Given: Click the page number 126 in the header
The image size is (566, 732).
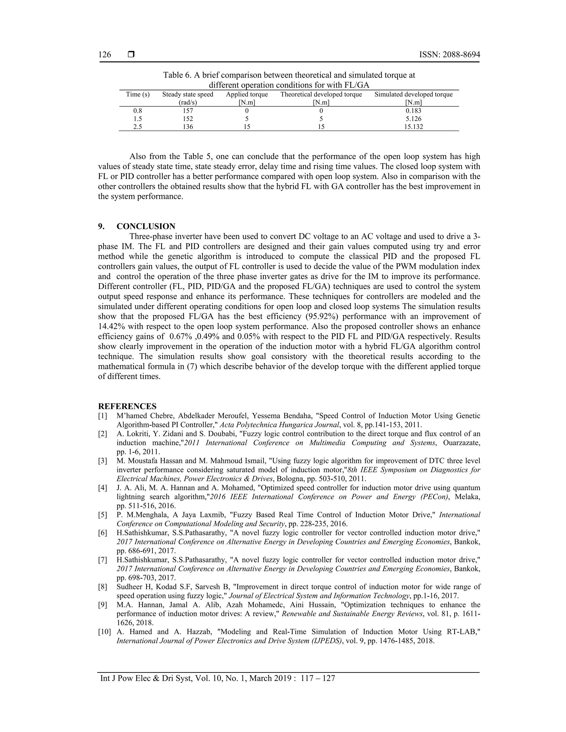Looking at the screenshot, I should (x=105, y=55).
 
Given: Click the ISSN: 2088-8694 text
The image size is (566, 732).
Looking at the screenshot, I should (x=449, y=55).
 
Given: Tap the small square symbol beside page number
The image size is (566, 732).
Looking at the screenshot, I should (x=132, y=54).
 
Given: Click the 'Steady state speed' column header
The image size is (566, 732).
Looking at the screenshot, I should (x=188, y=94).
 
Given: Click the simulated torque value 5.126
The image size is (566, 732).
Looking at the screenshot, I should (x=413, y=119).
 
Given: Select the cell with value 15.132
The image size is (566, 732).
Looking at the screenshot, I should (x=413, y=127).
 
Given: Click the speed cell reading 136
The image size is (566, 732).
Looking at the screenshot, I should (x=188, y=127).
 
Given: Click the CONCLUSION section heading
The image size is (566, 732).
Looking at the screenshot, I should (x=146, y=226).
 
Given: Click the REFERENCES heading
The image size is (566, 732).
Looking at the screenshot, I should (x=127, y=407).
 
